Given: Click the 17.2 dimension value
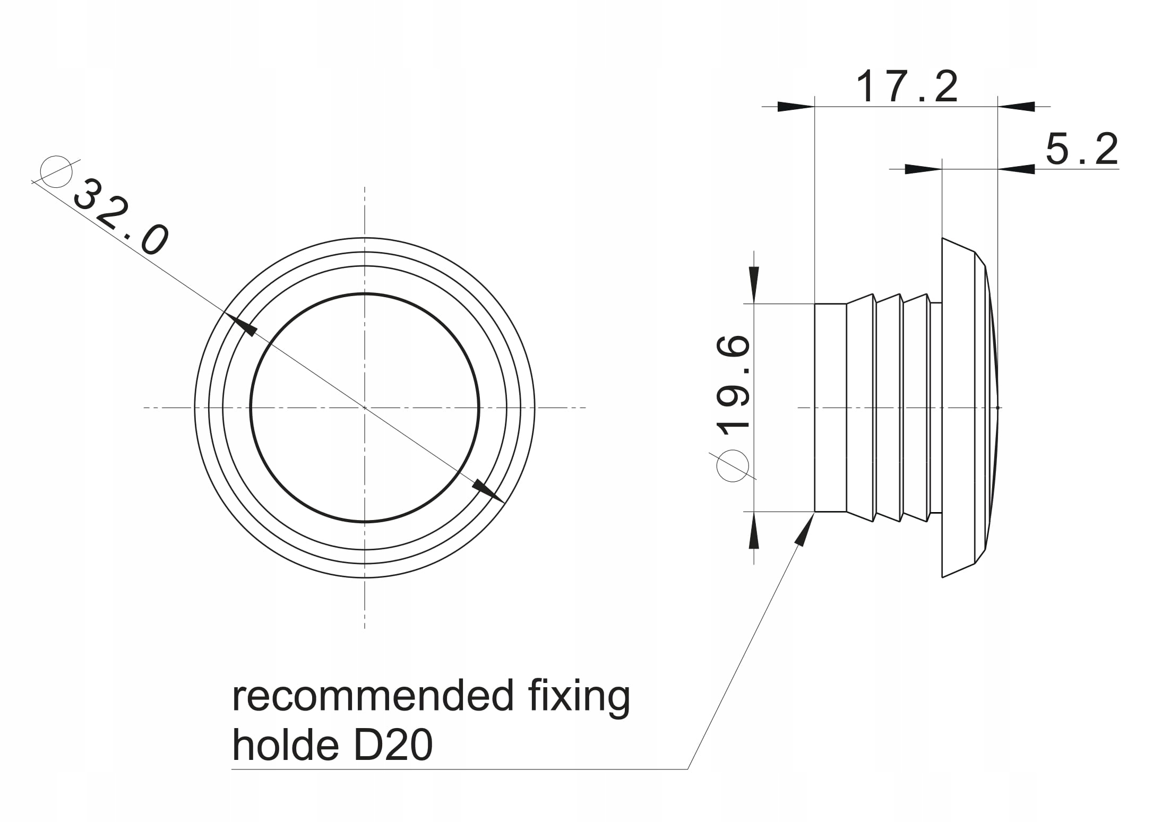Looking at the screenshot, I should pos(907,86).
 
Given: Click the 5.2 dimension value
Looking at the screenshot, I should pos(1081,149).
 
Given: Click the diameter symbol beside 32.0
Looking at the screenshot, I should pos(56,172).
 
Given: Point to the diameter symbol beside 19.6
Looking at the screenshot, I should pos(733,466).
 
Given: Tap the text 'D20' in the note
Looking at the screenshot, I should pos(393,746).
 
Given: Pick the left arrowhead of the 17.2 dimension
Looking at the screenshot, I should pos(796,107).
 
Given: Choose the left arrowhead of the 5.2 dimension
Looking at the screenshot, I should pos(923,169).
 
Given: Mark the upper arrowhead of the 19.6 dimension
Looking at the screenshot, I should pos(754,284).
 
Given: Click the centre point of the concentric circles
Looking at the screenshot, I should pos(365,408).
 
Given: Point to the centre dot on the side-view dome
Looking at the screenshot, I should pos(999,408).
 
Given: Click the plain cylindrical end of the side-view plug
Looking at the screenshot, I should pos(830,408).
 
